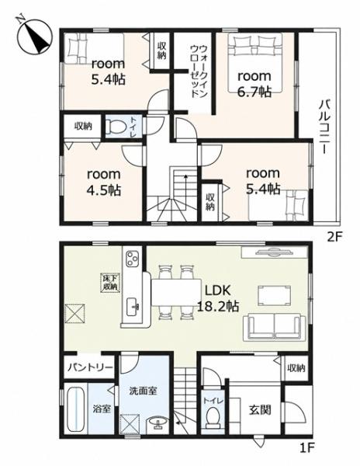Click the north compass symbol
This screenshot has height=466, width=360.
point(34,36)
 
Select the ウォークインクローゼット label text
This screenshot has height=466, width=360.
point(199,71)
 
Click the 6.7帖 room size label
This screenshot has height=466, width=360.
point(254,92)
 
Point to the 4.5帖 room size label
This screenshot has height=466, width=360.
point(104,190)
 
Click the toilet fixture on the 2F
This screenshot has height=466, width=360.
point(114,126)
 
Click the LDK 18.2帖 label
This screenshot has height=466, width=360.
point(219,297)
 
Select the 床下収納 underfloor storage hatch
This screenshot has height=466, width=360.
point(111,283)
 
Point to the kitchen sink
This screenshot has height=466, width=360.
point(133,307)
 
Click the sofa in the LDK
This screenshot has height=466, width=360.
point(274,328)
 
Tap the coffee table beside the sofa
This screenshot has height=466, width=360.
point(274,295)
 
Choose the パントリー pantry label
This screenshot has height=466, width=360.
point(90,367)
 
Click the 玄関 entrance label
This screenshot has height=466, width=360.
point(260,410)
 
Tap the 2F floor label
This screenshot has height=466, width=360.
point(334,237)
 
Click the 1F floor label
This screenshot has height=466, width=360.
point(307,455)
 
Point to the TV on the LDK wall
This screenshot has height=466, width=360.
point(275,252)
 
